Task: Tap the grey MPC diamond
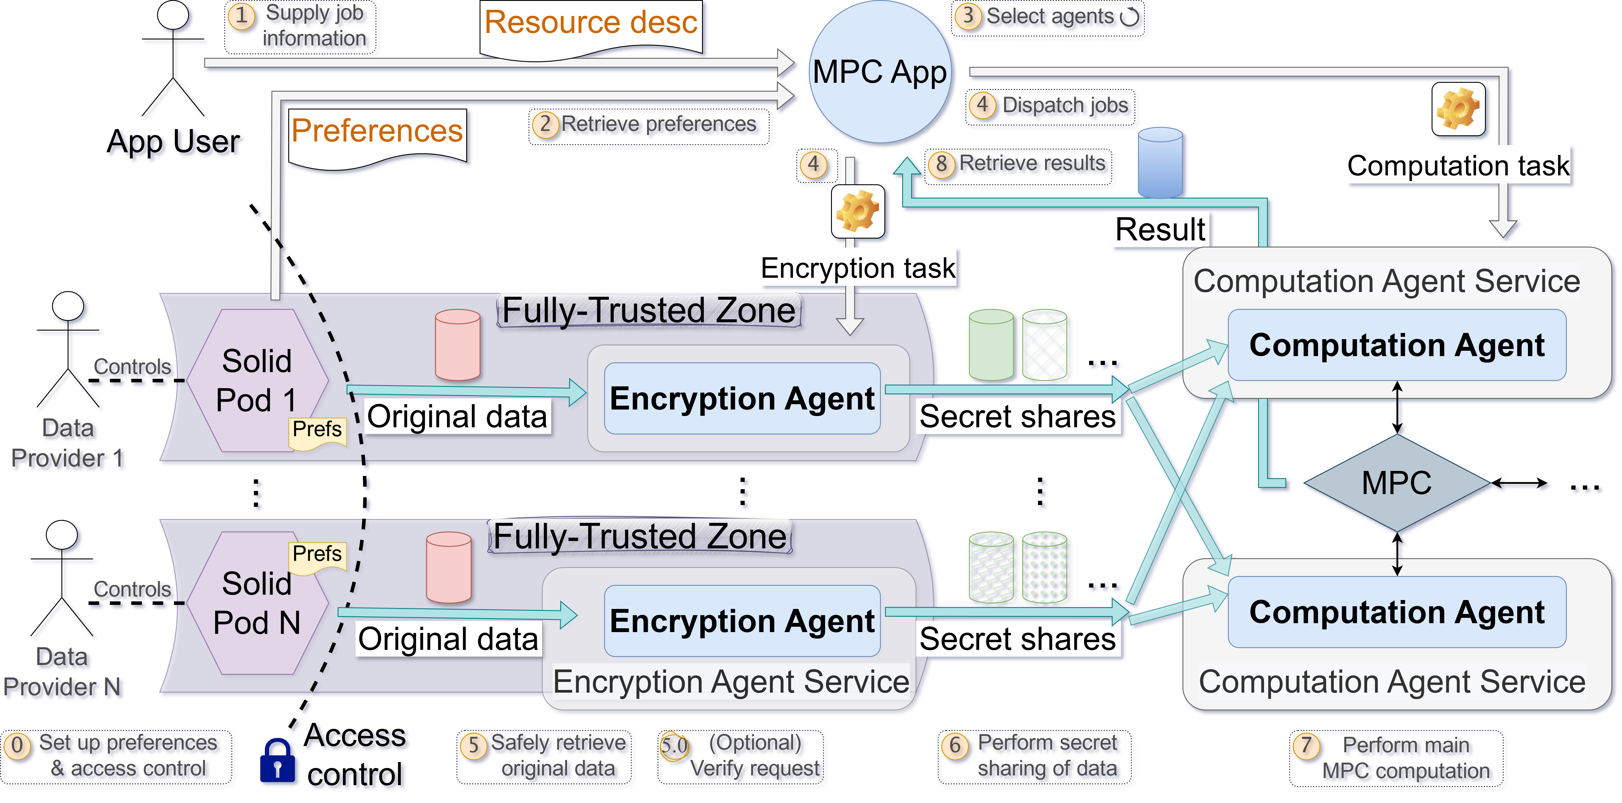click(1397, 483)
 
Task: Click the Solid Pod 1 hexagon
click(257, 380)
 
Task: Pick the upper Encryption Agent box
click(742, 398)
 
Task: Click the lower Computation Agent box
click(1397, 612)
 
